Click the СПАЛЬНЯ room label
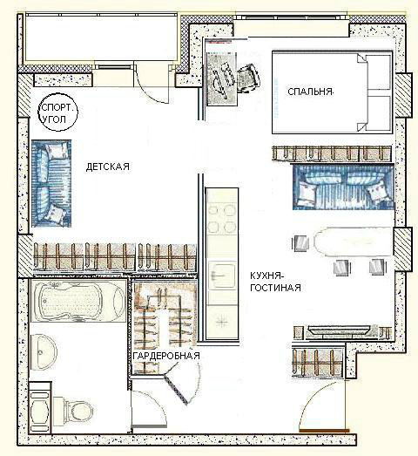pos(310,92)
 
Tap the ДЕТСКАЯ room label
pos(107,167)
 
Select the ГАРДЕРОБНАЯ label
pos(166,356)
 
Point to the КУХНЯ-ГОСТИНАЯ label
pos(275,282)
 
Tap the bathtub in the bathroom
pos(78,301)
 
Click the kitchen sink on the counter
pos(222,276)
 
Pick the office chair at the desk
pos(249,78)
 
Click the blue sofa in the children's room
pos(51,183)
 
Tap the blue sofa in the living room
pos(343,187)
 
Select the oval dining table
pos(353,242)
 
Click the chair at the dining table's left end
pos(301,243)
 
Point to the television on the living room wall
pos(340,330)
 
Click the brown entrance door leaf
pos(324,431)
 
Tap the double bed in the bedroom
pos(332,92)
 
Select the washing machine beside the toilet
pos(41,407)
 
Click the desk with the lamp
pos(221,78)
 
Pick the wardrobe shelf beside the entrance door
pos(318,362)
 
